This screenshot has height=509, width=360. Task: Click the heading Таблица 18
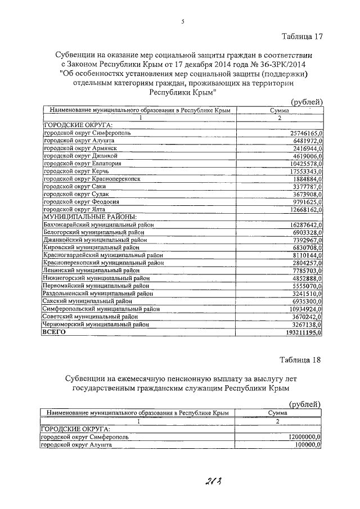302,359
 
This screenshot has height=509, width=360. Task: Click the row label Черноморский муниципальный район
96,325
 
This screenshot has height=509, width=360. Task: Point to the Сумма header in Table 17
279,111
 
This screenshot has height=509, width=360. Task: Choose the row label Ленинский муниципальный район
91,270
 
